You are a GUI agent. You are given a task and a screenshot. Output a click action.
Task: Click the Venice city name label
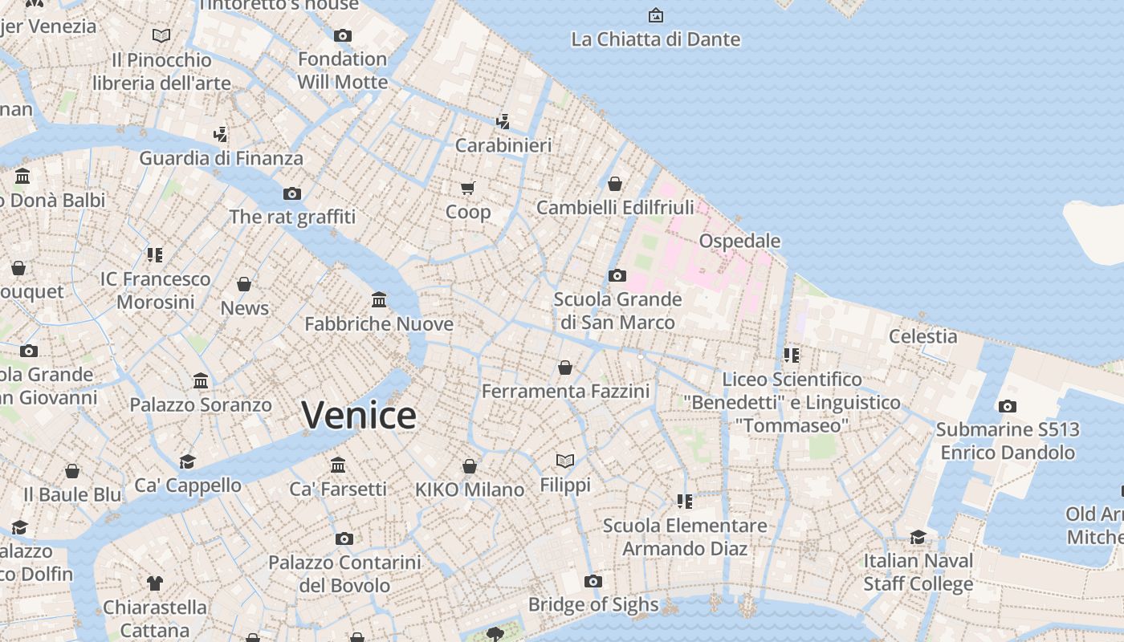[x=359, y=415]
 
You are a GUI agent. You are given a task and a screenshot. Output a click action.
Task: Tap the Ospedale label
[x=739, y=241]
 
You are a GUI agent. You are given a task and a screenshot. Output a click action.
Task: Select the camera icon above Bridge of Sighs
[x=593, y=581]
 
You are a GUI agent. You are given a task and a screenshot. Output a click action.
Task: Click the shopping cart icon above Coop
[x=468, y=188]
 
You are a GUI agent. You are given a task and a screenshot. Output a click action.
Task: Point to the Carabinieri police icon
[x=503, y=122]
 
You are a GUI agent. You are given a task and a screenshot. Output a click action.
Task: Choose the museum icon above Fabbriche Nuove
[x=379, y=300]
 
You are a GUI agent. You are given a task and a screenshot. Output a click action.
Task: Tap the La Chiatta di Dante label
[x=655, y=39]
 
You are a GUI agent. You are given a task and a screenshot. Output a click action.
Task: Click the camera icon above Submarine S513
[x=1008, y=406]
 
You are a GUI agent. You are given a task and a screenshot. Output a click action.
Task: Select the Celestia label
[x=922, y=336]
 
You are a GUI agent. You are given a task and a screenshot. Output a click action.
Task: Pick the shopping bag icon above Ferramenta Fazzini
[x=565, y=368]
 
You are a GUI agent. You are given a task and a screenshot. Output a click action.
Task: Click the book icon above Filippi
[x=565, y=461]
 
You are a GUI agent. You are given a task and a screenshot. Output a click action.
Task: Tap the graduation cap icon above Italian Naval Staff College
[x=918, y=537]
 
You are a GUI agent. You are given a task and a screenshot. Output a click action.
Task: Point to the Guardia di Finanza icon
[x=221, y=134]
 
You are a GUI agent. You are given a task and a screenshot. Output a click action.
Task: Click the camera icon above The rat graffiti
[x=292, y=193]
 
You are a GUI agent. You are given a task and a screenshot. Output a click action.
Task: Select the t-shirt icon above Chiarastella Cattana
[x=155, y=583]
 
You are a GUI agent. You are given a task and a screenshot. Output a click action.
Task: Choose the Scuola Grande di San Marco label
[x=617, y=311]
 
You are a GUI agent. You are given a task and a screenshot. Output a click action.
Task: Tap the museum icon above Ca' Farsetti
[x=338, y=465]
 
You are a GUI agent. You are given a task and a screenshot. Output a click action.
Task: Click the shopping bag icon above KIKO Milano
[x=470, y=466]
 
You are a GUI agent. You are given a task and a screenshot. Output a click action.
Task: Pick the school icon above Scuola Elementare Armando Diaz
[x=685, y=502]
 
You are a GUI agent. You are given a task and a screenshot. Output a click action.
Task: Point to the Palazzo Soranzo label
[x=201, y=404]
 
